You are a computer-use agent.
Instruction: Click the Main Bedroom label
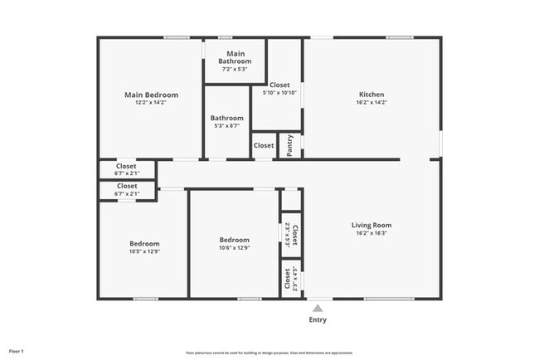pyautogui.click(x=151, y=95)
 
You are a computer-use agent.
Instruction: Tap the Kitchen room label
pyautogui.click(x=371, y=95)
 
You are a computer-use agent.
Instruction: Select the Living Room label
pyautogui.click(x=371, y=225)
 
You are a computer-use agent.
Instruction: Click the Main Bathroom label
pyautogui.click(x=235, y=57)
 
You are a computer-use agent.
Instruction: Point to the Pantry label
pyautogui.click(x=289, y=144)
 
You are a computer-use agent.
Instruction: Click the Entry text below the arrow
pyautogui.click(x=318, y=320)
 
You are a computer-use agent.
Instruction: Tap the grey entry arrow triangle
pyautogui.click(x=318, y=308)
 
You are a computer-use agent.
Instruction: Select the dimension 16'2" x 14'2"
pyautogui.click(x=371, y=103)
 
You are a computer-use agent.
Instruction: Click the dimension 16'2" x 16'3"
pyautogui.click(x=371, y=233)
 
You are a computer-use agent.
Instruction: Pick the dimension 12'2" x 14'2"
pyautogui.click(x=151, y=103)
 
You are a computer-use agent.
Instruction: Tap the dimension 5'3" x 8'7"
pyautogui.click(x=226, y=126)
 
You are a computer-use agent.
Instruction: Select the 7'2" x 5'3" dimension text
pyautogui.click(x=235, y=69)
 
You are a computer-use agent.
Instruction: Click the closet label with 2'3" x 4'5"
pyautogui.click(x=291, y=280)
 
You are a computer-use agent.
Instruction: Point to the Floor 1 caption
pyautogui.click(x=17, y=351)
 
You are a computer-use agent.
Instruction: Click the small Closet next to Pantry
pyautogui.click(x=264, y=145)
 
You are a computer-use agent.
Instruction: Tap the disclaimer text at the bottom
pyautogui.click(x=269, y=352)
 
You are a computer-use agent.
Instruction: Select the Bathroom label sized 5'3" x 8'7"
pyautogui.click(x=226, y=118)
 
